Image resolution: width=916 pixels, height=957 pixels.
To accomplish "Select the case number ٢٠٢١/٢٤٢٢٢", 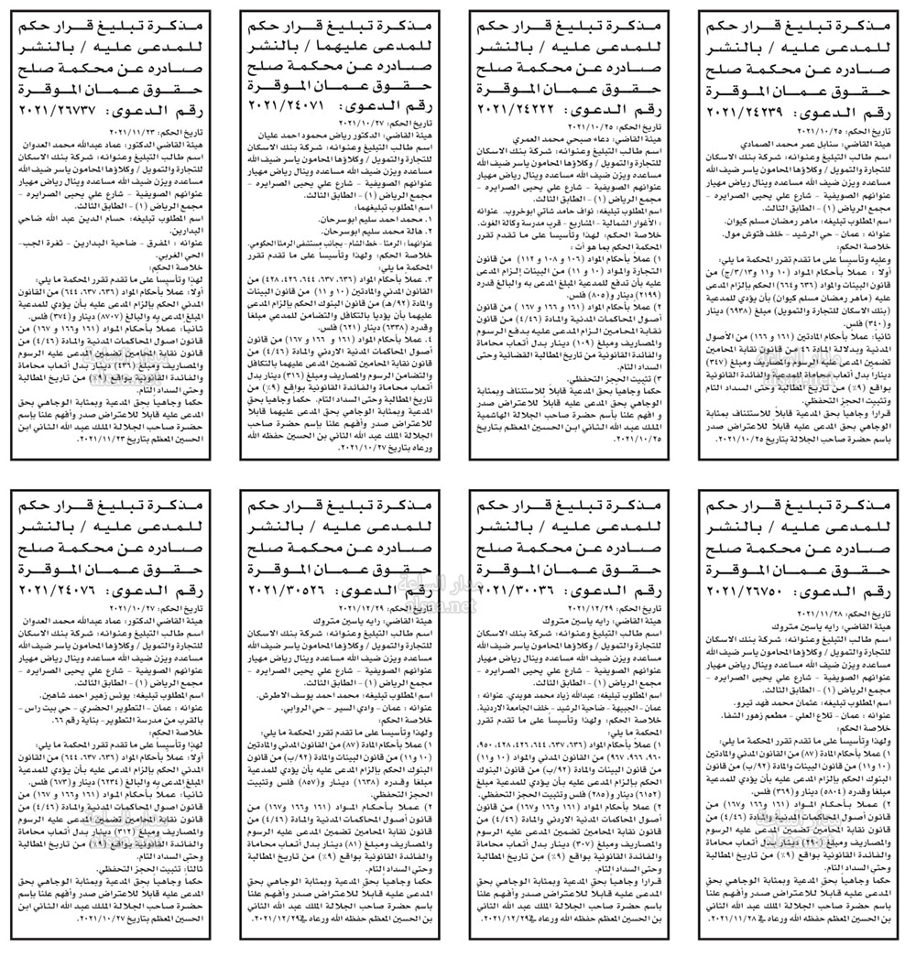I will (523, 108).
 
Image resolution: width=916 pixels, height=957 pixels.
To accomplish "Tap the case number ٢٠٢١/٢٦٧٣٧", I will (65, 108).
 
